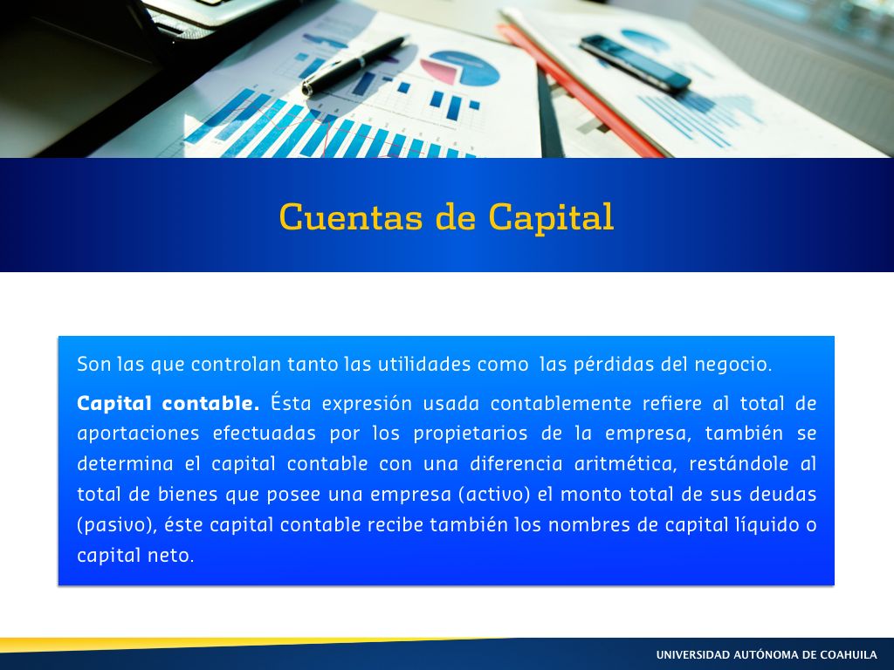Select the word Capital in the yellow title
point(551,217)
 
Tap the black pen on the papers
point(354,65)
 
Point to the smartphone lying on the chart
point(636,63)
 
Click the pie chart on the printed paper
point(460,67)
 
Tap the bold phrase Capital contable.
point(168,403)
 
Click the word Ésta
point(291,402)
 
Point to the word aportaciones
point(138,434)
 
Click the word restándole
point(739,464)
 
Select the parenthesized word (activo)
point(495,494)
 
